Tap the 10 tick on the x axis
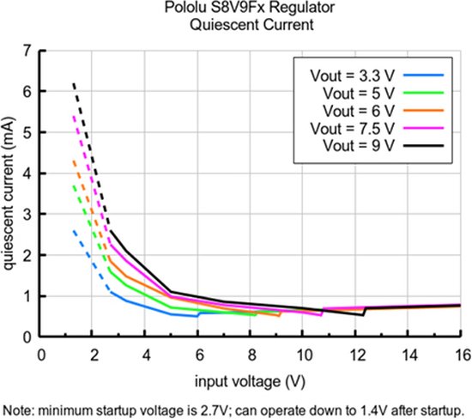pos(303,353)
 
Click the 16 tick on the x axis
pos(461,353)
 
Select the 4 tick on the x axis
pos(145,353)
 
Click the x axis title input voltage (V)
pos(250,377)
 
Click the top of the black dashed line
pos(73,83)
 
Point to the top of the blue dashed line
pos(73,230)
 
